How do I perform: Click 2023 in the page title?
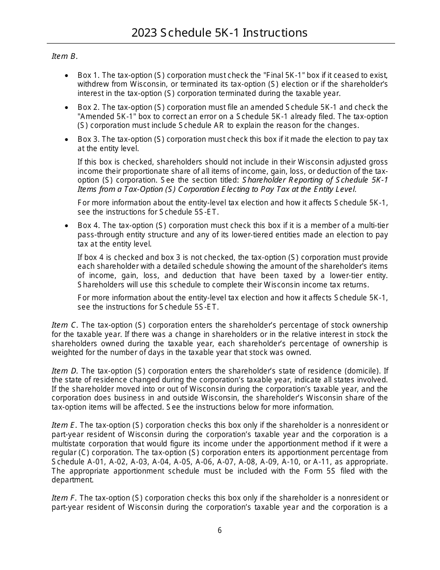click(x=144, y=33)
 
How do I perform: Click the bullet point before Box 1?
click(x=67, y=75)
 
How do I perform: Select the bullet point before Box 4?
click(x=67, y=226)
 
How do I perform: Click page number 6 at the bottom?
click(x=220, y=531)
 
